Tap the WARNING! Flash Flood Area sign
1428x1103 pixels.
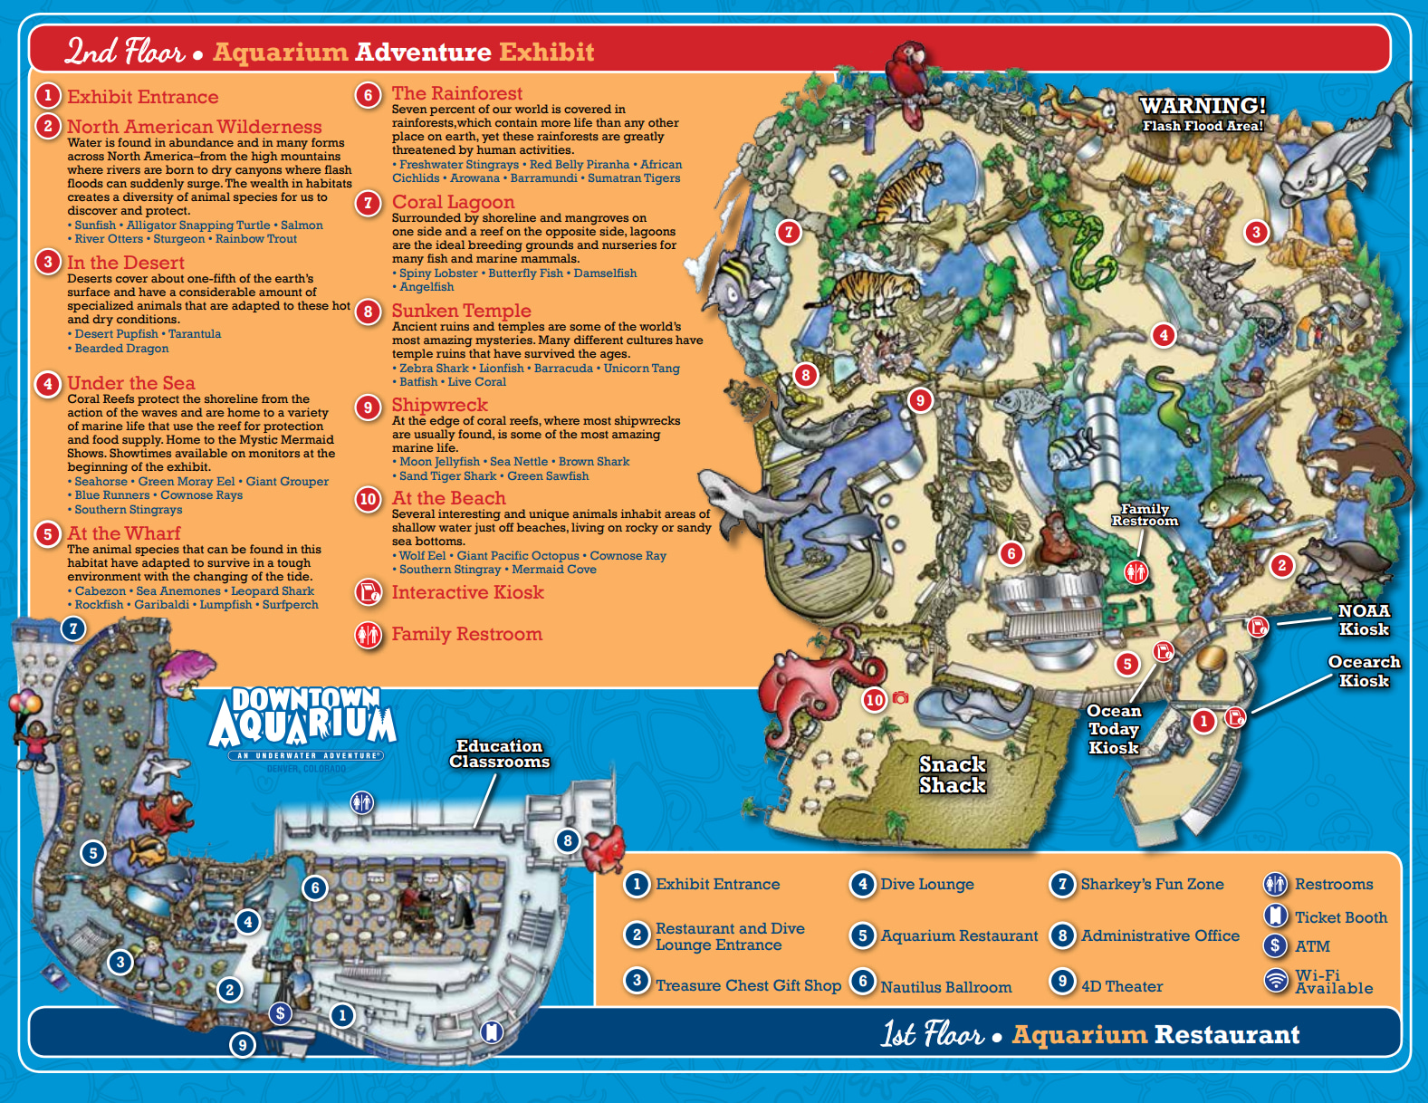point(1203,114)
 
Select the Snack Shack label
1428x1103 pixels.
point(953,775)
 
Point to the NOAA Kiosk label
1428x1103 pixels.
point(1364,620)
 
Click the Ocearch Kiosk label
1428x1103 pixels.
point(1364,671)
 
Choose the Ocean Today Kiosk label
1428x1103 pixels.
point(1114,729)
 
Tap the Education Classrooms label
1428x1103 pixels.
point(499,753)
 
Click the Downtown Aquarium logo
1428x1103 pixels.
point(303,724)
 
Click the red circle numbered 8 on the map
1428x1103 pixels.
point(806,374)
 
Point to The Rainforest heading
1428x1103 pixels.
point(457,93)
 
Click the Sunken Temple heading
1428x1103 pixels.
point(461,311)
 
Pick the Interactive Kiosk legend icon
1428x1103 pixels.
point(368,592)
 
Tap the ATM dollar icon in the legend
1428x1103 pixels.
point(1275,946)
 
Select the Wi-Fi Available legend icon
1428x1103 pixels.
point(1276,981)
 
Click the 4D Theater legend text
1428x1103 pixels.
point(1122,986)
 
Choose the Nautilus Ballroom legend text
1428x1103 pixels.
point(946,987)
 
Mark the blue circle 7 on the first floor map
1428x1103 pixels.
point(73,628)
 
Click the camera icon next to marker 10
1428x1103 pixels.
point(900,697)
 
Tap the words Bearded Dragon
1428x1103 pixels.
point(121,348)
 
